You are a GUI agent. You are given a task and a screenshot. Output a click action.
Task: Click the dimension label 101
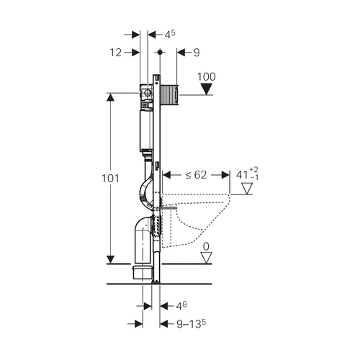[110, 179]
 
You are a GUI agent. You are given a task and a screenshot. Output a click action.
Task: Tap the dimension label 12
[116, 53]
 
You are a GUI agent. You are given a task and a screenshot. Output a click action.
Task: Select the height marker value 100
[207, 77]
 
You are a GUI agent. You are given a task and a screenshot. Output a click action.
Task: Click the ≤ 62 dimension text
[196, 175]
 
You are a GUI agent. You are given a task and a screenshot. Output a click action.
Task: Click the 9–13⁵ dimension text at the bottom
[191, 324]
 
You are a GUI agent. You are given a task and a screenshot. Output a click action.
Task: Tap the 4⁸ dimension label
[181, 306]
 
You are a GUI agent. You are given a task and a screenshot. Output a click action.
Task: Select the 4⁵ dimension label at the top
[170, 35]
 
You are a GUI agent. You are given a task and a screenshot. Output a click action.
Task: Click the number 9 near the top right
[197, 53]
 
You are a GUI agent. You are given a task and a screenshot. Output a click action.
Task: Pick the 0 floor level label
[206, 246]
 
